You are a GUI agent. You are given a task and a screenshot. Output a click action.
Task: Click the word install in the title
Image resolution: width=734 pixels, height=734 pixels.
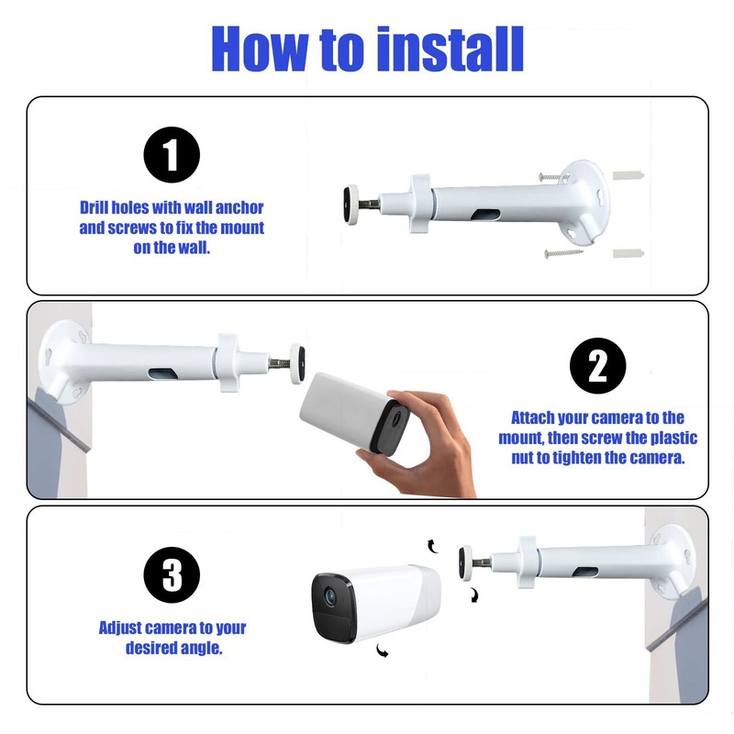(450, 49)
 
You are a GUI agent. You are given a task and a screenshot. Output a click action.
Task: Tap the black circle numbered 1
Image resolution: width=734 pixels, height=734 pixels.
(172, 155)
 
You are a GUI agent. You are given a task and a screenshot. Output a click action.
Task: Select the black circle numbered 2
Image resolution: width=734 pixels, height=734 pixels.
(598, 365)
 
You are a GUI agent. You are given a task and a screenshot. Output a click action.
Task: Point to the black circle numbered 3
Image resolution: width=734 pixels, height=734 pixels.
(172, 575)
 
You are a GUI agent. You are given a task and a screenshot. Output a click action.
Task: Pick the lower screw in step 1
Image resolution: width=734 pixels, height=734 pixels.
(563, 253)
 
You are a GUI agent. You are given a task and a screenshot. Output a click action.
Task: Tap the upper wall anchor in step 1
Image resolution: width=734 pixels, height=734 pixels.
(628, 176)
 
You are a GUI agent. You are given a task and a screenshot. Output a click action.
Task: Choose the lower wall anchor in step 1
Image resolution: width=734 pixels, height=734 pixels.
(628, 253)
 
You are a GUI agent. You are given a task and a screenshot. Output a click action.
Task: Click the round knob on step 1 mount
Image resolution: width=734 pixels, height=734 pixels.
(351, 206)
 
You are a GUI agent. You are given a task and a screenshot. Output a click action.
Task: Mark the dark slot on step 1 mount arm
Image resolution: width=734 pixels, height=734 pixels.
(486, 216)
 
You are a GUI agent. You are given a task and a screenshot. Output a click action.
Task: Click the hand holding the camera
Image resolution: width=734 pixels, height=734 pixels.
(417, 442)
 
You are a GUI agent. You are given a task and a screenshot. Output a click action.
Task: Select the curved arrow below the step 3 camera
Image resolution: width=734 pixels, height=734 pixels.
(383, 651)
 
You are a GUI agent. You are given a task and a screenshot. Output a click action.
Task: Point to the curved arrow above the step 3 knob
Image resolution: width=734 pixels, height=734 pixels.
(432, 546)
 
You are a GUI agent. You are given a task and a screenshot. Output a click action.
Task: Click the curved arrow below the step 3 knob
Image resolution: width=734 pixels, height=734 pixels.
(474, 595)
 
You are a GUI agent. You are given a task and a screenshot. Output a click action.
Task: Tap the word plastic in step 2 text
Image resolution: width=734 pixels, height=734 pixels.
(674, 438)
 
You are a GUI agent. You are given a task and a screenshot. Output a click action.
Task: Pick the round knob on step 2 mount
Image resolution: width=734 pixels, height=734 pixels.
(297, 363)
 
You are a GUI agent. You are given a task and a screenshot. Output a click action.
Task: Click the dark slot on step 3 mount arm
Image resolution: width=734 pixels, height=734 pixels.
(585, 572)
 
